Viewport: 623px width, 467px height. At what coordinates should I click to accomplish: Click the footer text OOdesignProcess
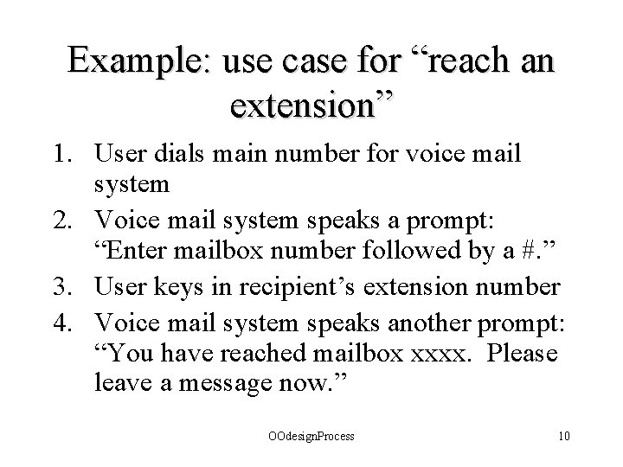311,437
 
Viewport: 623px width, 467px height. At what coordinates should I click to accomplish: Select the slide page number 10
563,437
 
